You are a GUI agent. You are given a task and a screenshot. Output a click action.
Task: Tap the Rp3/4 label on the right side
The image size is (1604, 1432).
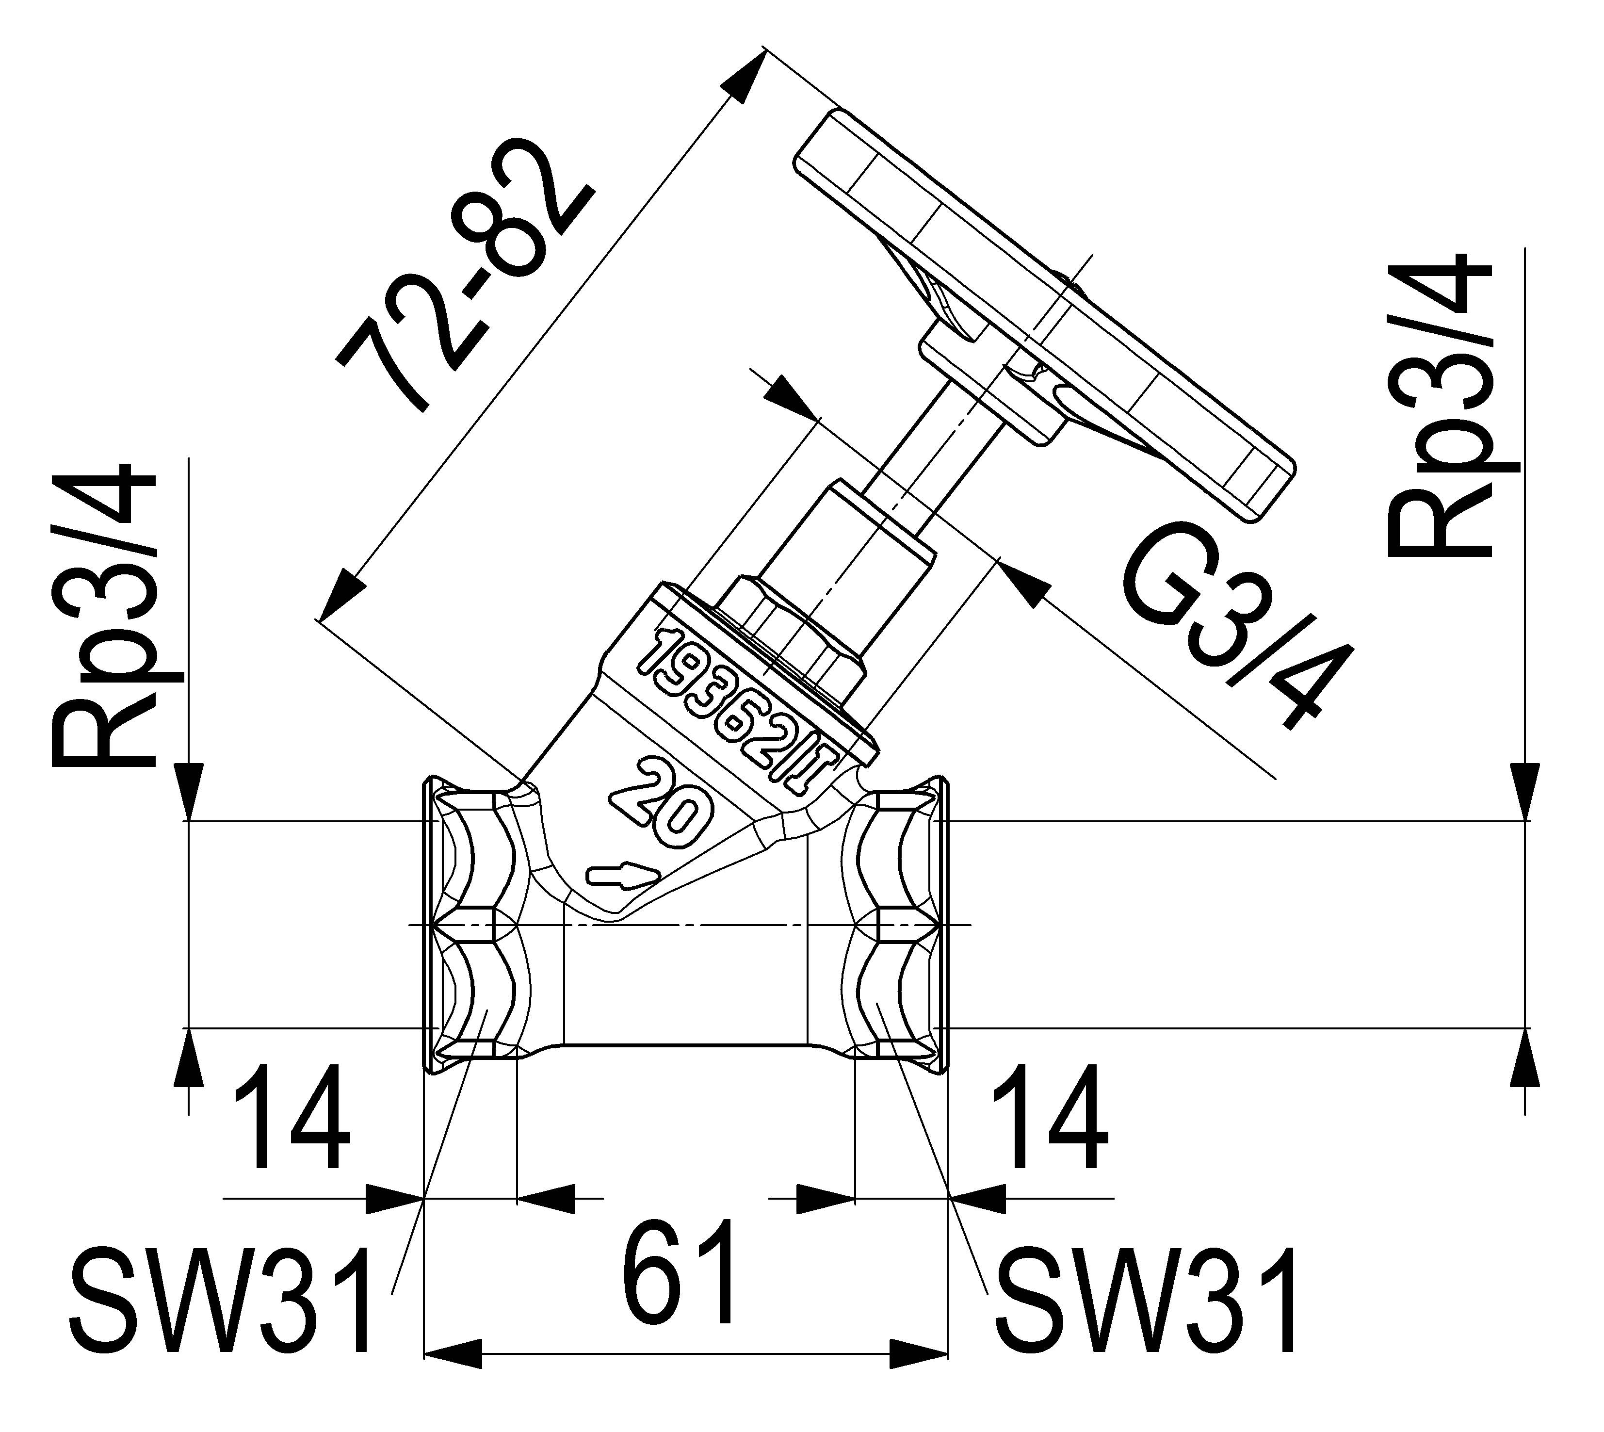[1443, 405]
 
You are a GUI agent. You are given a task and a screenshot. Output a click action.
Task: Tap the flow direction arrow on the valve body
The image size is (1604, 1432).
[621, 876]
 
